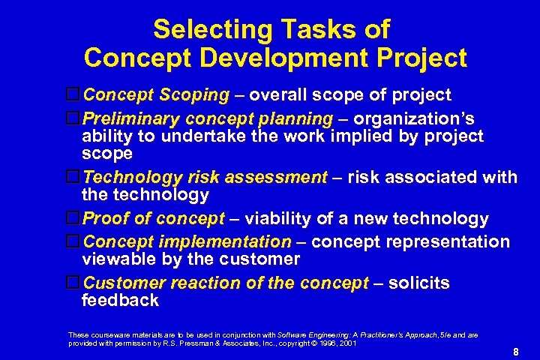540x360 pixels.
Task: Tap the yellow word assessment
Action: [x=278, y=178]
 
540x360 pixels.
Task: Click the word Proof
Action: [x=108, y=219]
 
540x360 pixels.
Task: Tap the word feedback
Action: [x=120, y=301]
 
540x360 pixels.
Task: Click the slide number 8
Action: [x=516, y=351]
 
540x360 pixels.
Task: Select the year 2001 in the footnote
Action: [x=347, y=343]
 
